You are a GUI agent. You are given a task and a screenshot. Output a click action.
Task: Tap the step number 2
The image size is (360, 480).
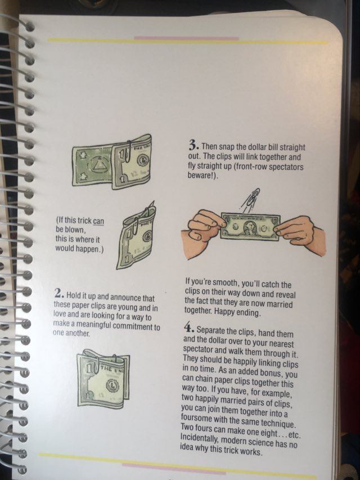point(60,293)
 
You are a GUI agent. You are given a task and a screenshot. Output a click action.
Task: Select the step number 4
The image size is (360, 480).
point(188,328)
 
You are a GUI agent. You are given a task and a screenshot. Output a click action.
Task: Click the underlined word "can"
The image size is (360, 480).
point(98,221)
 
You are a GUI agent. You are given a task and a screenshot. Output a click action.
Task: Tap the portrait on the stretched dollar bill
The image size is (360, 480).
point(250,228)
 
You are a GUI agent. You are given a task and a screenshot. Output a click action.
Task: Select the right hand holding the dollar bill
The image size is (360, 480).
point(299,235)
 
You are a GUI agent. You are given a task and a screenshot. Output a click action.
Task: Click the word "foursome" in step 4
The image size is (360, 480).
point(196,418)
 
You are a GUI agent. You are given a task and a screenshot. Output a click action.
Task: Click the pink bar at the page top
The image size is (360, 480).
point(186,38)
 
